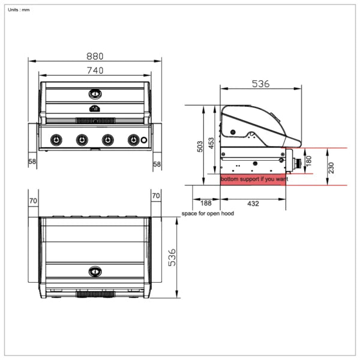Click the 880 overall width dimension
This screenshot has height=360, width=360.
95,56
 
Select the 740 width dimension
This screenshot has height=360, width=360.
95,70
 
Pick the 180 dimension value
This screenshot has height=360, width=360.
309,161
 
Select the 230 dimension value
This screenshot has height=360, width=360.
331,168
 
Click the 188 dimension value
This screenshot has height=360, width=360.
206,204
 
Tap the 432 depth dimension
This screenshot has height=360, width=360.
253,204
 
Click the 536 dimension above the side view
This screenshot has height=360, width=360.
260,85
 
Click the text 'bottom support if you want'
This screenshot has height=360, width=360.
254,179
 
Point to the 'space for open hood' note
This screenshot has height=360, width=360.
208,214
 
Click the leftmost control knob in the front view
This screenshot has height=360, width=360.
55,140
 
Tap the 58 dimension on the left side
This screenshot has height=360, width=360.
32,163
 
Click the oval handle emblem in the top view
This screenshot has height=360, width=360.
95,271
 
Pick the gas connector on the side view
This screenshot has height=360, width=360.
296,161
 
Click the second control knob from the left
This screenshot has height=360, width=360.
81,140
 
